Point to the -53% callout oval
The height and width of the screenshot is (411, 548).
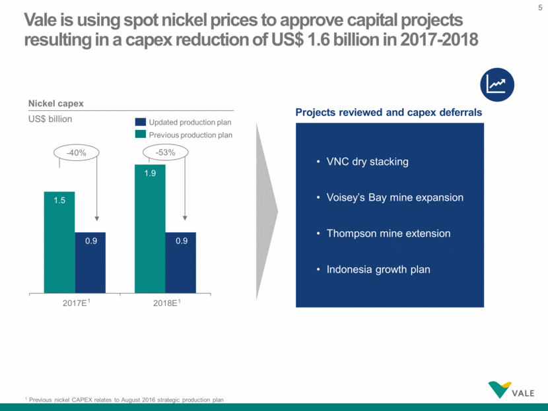click(166, 152)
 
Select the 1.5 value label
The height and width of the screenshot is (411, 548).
click(59, 201)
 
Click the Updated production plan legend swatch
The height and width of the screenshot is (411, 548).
click(140, 122)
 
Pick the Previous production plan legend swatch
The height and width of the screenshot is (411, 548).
click(140, 135)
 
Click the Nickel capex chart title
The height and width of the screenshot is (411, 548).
click(55, 103)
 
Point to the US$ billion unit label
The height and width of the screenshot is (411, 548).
click(50, 119)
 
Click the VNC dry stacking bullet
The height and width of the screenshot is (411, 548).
click(367, 162)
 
